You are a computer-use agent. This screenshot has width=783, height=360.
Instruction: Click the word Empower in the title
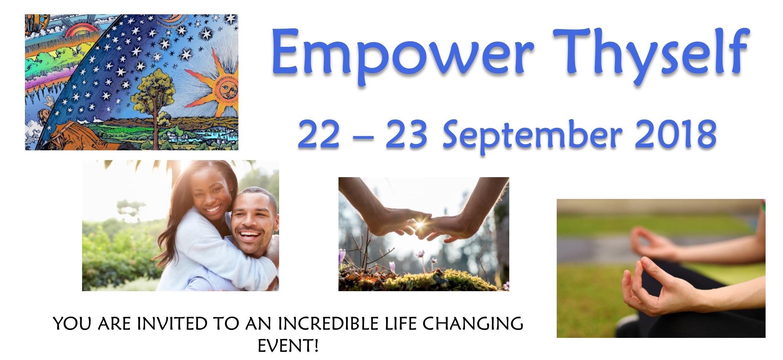pos(403,55)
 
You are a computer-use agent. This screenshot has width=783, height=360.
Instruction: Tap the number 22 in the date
pos(319,134)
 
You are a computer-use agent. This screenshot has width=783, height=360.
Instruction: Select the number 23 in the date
pos(407,134)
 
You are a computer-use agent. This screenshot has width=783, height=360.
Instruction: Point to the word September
pos(533,136)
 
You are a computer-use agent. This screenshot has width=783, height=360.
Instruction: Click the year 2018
pos(676,134)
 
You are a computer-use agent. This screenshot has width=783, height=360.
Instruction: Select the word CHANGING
pos(473,324)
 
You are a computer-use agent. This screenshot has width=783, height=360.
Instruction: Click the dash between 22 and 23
pos(363,138)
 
